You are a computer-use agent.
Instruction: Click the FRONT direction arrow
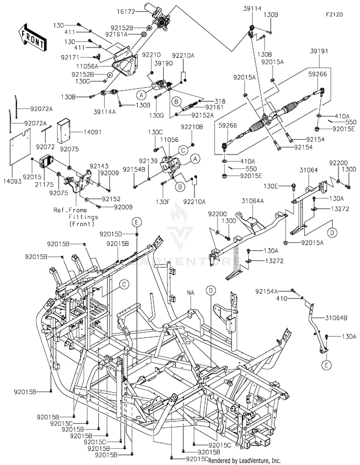tap(32, 37)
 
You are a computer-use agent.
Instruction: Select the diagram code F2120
tap(334, 14)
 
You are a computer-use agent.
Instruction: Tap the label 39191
tap(319, 51)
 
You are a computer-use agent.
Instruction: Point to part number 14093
tap(12, 181)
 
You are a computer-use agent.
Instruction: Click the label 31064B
tap(336, 318)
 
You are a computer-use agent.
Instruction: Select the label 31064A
tap(252, 201)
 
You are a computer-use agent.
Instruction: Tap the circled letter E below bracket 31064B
tap(326, 365)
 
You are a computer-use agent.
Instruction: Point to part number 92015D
tap(110, 234)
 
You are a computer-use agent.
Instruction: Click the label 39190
tap(164, 64)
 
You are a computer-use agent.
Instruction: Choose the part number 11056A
tap(87, 66)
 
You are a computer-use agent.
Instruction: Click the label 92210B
tap(192, 127)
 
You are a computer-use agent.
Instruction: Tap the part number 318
tap(220, 101)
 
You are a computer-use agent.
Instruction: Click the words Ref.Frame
tap(70, 210)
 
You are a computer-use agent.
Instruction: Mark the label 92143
tap(99, 166)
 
